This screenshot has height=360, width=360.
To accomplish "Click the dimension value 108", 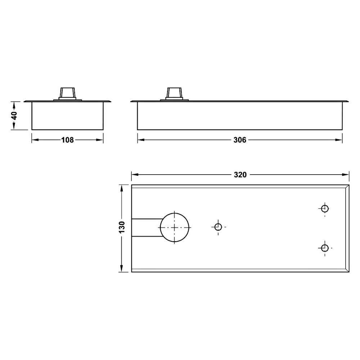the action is [68, 140].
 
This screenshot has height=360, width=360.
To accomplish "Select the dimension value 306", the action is [240, 140].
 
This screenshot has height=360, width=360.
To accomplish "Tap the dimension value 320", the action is [240, 175].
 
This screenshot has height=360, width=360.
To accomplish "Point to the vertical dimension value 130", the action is [122, 227].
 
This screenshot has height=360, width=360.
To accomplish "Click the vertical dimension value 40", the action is [14, 116].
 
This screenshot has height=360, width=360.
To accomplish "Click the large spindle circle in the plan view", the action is [175, 213].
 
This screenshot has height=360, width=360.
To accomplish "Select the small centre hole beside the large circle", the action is [218, 227].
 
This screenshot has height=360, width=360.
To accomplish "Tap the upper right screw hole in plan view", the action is [325, 209].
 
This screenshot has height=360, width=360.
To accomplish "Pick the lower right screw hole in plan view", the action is [325, 248].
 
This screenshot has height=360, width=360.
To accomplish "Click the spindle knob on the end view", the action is [67, 94].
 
